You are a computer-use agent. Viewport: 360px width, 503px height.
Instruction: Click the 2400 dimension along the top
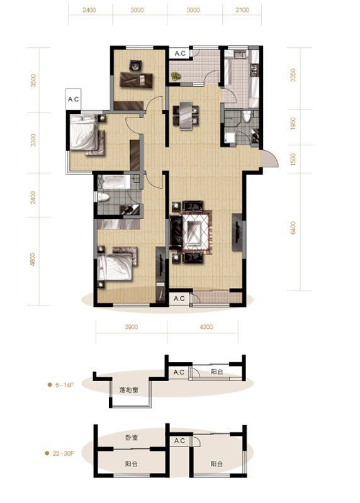pos(89,10)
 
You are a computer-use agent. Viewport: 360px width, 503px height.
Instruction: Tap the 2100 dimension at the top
pos(242,10)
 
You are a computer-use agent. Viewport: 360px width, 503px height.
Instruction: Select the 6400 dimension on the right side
pos(293,228)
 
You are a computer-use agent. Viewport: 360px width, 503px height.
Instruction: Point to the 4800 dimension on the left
pos(33,260)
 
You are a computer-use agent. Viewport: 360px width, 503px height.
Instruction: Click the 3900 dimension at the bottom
pos(131,327)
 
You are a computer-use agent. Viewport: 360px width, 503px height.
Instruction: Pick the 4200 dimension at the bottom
pos(206,327)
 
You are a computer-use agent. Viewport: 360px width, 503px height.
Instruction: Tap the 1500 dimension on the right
pos(293,160)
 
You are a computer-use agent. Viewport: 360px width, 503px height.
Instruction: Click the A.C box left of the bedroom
pos(73,99)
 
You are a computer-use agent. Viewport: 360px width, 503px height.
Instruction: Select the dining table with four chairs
pos(186,116)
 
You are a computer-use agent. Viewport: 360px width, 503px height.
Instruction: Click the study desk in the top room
pos(137,80)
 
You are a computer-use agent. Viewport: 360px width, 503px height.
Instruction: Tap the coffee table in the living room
pos(195,229)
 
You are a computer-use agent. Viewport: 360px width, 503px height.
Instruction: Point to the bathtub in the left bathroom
pos(114,182)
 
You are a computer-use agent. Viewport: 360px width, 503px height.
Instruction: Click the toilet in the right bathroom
pos(247,116)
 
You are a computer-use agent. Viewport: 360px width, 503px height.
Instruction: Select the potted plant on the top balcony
pos(176,76)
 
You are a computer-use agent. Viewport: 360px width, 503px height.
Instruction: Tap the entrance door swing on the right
pos(270,158)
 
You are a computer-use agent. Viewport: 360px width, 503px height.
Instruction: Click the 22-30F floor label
pos(64,453)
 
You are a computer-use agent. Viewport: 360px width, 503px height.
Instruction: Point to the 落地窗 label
pos(128,390)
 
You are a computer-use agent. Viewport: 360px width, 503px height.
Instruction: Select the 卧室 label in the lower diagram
pos(132,438)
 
